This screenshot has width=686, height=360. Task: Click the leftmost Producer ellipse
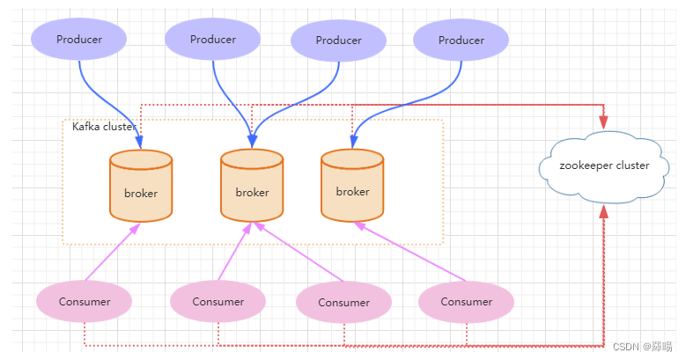point(78,40)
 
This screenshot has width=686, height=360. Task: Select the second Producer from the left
point(212,40)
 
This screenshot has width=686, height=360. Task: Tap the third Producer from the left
point(338,40)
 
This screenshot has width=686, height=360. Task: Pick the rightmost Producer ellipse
point(461,40)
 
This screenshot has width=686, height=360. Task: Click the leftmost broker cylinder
point(140,186)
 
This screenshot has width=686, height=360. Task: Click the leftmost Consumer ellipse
point(85,302)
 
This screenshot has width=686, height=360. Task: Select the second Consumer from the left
point(218,302)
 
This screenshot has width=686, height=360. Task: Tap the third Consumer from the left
point(343,303)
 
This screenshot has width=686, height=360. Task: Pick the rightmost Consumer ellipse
point(466,302)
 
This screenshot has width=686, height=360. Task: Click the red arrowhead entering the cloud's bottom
point(604,212)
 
